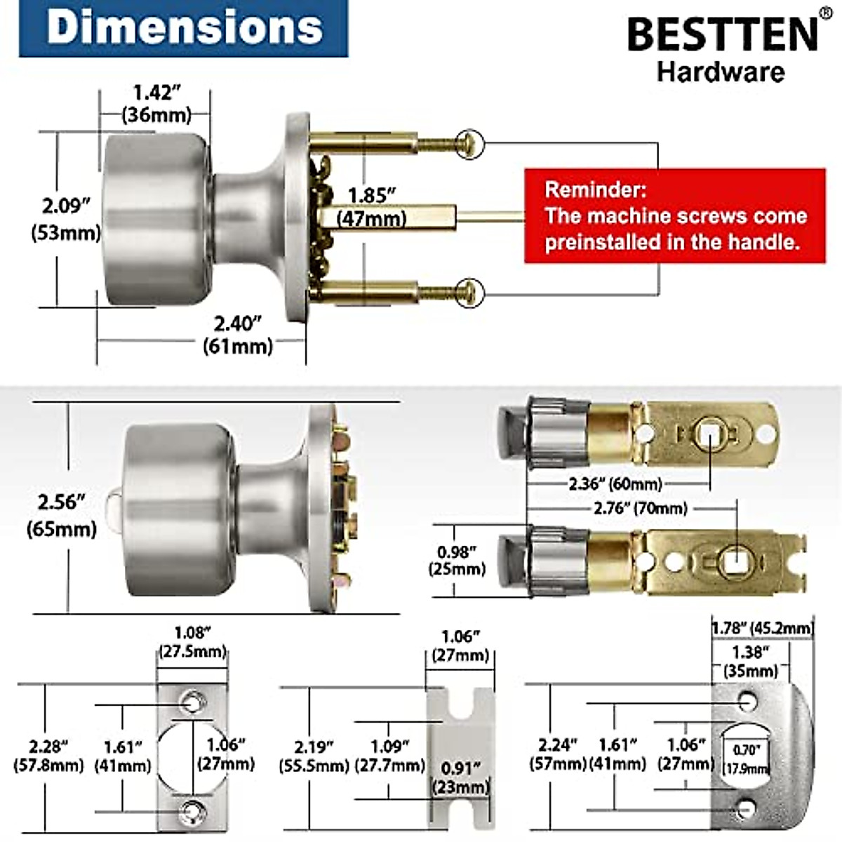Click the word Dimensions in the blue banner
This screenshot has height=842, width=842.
184,28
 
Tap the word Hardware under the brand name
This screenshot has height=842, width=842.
721,72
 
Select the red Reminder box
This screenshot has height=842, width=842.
674,215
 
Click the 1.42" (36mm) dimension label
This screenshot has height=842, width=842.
156,103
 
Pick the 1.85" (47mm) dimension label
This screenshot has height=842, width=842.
372,206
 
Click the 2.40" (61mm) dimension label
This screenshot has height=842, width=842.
237,335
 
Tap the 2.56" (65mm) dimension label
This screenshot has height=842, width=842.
62,514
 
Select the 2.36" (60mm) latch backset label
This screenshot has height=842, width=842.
615,483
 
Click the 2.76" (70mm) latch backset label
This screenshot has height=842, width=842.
640,508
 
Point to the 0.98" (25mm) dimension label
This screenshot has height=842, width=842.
457,560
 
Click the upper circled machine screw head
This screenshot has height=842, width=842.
469,143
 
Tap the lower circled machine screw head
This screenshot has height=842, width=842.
469,290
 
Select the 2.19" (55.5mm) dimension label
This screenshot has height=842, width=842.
314,756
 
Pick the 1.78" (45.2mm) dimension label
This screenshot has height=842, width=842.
762,628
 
